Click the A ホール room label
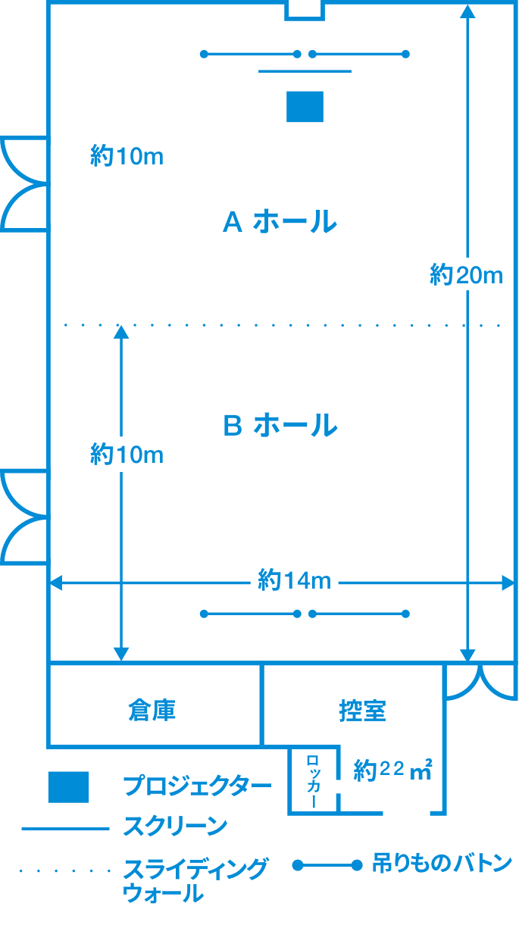coord(280,222)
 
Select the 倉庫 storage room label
coord(152,710)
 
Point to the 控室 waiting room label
coord(363,710)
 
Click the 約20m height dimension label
coord(466,275)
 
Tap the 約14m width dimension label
coord(294,582)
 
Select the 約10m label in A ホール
coord(127,157)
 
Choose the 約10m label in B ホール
coord(127,455)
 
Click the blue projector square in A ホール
coord(305,106)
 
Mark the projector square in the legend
coord(68,787)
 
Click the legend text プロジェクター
coord(197,786)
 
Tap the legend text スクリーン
coord(174,827)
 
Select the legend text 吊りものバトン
coord(442,864)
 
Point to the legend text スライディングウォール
coord(195,880)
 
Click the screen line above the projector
coord(305,71)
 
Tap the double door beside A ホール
coord(24,184)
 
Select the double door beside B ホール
coord(24,517)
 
